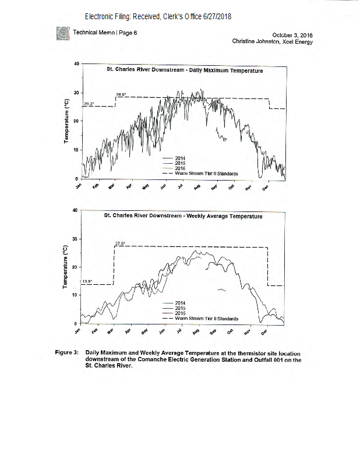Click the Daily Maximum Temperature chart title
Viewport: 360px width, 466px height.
pos(184,70)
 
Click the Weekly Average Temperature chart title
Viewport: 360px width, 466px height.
pos(183,216)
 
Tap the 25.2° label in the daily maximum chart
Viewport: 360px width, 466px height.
pos(89,104)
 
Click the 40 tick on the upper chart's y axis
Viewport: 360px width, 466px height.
pos(76,63)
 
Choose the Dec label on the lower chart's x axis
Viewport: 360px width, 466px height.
pos(263,332)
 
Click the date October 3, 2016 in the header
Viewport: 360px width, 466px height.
pos(292,35)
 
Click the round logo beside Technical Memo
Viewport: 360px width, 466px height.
pos(62,33)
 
